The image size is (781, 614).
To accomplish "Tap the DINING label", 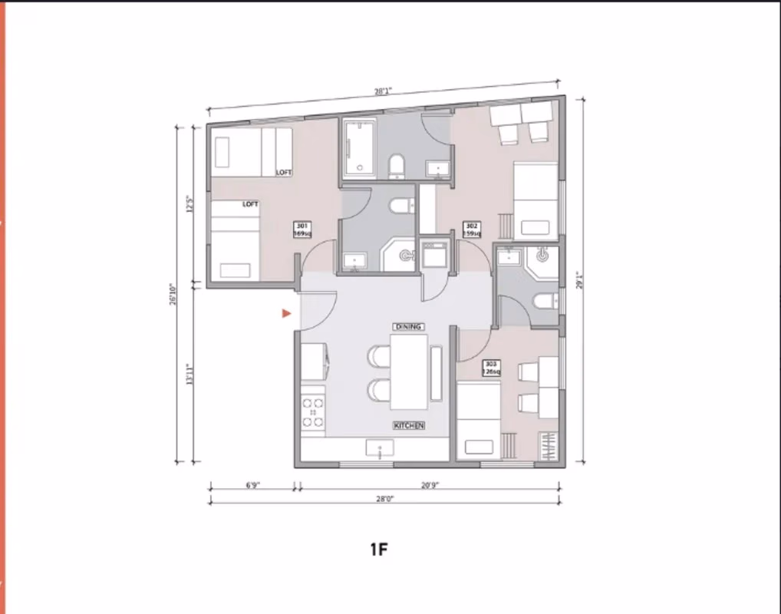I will coord(408,327).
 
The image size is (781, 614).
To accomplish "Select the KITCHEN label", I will coord(409,425).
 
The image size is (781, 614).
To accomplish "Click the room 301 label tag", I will coord(302,229).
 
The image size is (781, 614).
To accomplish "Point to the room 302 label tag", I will coord(473,229).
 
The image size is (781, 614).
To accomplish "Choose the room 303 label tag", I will coord(491,368).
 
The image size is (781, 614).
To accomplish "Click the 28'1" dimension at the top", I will coord(383,91).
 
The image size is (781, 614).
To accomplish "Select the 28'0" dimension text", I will coord(384,498).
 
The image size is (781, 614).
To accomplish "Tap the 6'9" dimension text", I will coord(253,485).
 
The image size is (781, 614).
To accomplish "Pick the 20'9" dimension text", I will coord(430,485).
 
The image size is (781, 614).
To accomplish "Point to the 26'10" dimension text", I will coord(175,295).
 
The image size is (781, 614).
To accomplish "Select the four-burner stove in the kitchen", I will coord(313,412).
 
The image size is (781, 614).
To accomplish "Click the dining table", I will coord(408,372).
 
